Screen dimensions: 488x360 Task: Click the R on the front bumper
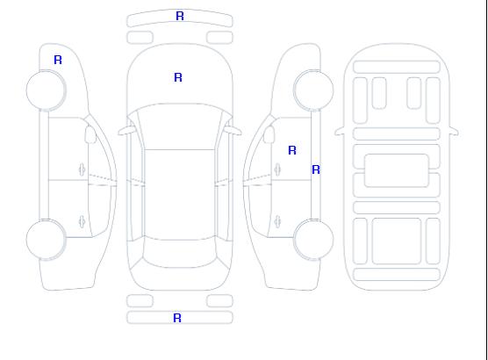pos(180,16)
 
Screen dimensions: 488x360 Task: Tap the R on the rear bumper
pos(177,318)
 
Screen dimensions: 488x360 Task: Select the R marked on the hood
pos(178,77)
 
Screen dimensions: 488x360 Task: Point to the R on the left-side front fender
pos(58,60)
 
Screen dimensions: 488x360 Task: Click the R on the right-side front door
pos(292,150)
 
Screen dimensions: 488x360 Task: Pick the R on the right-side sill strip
pos(316,169)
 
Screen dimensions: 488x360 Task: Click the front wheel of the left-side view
pos(46,90)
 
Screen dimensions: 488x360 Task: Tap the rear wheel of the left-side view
pos(46,240)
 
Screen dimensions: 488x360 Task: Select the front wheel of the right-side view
pos(313,90)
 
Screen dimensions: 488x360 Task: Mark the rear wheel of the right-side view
pos(313,239)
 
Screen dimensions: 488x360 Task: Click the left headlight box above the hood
pos(140,38)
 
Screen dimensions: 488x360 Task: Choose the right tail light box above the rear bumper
pos(219,301)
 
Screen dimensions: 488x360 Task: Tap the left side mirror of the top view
pos(126,131)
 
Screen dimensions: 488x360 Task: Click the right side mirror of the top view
pos(233,131)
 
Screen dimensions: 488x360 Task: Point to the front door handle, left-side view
pos(82,169)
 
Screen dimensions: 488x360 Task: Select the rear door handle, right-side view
pos(277,222)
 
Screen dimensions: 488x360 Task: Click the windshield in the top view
pos(180,126)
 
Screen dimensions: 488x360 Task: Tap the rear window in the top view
pos(180,253)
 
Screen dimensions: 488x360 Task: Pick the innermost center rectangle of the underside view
pos(397,170)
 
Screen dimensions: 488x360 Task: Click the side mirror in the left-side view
pos(90,134)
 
